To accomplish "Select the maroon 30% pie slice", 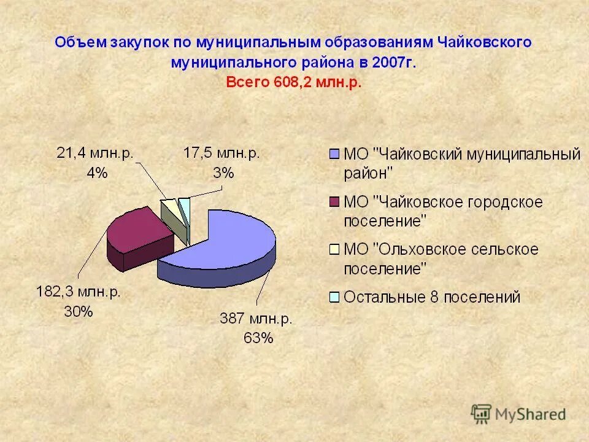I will point(138,230).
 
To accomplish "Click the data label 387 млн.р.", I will point(256,319).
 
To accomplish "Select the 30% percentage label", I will point(79,311).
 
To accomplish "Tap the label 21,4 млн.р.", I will point(96,153).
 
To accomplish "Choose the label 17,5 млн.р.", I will point(221,153).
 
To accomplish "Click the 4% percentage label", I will point(97,173).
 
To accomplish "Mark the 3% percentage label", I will point(223,173).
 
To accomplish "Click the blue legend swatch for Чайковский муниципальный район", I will point(334,154).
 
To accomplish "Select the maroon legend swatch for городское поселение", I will point(334,202).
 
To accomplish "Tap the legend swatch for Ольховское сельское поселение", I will point(334,249).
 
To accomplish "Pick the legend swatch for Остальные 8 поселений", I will point(334,298).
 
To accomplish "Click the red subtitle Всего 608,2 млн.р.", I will point(294,82).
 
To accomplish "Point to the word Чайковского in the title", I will point(484,42).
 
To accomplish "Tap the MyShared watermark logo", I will point(518,413).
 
